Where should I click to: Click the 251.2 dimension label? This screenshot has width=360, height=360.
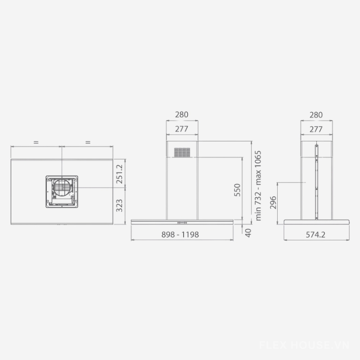[120, 174]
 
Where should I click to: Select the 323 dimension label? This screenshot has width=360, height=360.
[119, 206]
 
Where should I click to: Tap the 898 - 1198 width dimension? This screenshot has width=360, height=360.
[180, 234]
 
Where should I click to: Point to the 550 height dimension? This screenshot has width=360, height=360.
[237, 190]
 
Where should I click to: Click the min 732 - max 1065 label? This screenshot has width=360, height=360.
[258, 186]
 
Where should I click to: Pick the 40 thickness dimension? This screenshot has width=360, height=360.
[248, 233]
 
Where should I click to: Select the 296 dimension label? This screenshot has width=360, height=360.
[273, 202]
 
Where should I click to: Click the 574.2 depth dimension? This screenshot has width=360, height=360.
[316, 234]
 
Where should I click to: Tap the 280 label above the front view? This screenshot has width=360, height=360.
[182, 115]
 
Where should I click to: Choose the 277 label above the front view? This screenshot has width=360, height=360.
[182, 129]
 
